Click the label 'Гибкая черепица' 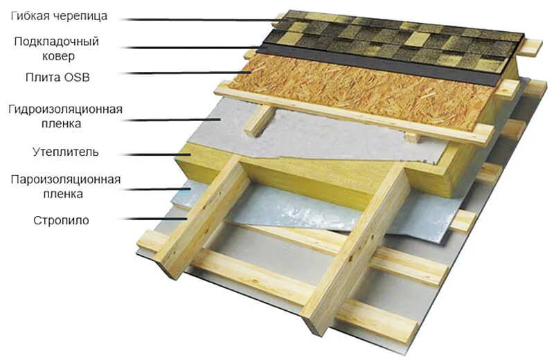click(59, 16)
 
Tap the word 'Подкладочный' click(57, 42)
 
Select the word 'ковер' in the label click(58, 56)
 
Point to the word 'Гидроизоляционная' click(65, 109)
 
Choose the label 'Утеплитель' click(66, 152)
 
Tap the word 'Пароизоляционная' click(66, 179)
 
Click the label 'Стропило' click(61, 220)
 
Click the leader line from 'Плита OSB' click(186, 73)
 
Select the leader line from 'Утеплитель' click(158, 154)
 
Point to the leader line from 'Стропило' click(156, 219)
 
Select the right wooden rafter click(357, 247)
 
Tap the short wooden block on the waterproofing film click(260, 121)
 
